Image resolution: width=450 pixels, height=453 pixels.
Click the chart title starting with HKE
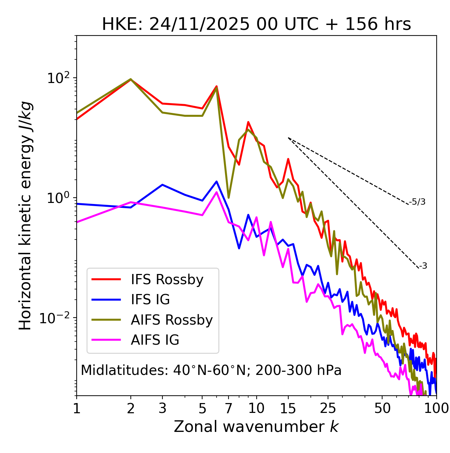[x=256, y=24]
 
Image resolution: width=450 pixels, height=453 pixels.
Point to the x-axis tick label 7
[x=229, y=408]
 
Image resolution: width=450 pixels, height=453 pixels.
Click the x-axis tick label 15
[x=288, y=408]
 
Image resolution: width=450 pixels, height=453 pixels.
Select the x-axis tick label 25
[x=328, y=408]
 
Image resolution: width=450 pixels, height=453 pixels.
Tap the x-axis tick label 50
[x=382, y=408]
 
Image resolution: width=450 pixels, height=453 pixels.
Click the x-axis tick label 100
[x=436, y=408]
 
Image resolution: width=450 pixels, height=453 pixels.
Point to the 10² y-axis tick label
[x=58, y=78]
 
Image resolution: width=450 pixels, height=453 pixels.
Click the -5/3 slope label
[x=417, y=202]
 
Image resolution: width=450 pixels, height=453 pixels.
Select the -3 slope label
[x=423, y=266]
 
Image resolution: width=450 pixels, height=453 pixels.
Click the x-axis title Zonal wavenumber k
[x=256, y=427]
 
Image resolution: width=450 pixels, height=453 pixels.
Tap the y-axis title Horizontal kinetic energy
[x=25, y=216]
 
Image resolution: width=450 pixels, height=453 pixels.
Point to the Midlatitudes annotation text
[x=211, y=370]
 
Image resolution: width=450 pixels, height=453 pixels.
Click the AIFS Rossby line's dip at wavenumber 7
[x=229, y=198]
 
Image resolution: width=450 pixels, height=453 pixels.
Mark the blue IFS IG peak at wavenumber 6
[x=217, y=181]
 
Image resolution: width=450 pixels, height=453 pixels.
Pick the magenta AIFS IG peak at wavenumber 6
[x=217, y=192]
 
